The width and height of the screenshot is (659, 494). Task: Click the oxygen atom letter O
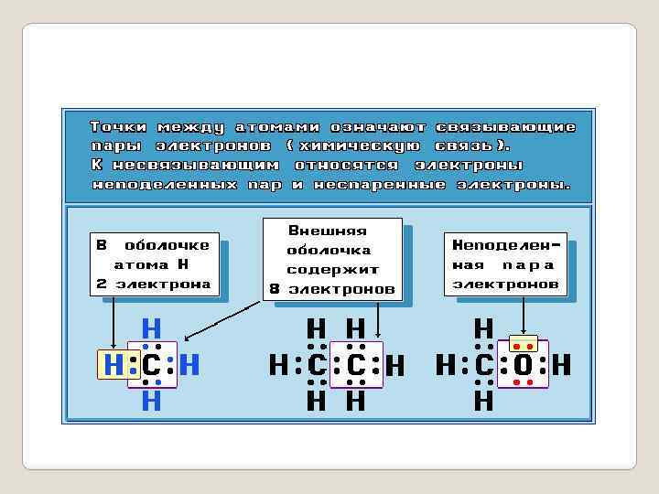tap(523, 366)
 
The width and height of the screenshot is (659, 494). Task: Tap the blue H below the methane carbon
tap(152, 401)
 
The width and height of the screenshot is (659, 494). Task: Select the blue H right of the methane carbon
tap(189, 366)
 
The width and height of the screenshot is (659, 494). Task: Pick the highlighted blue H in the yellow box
tap(113, 366)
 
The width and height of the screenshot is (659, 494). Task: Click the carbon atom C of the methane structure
tap(152, 366)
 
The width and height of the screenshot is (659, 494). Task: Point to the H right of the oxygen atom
tap(561, 366)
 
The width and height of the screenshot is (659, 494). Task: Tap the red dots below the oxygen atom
tap(523, 384)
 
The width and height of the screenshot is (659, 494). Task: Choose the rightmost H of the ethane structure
tap(395, 367)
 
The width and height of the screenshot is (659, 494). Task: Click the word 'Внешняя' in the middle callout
tap(328, 231)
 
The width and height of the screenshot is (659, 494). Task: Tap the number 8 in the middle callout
tap(275, 290)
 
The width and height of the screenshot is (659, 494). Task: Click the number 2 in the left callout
tap(102, 285)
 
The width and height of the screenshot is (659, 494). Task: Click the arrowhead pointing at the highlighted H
tap(113, 347)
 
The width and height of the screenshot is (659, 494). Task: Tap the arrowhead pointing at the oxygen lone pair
tap(523, 333)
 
